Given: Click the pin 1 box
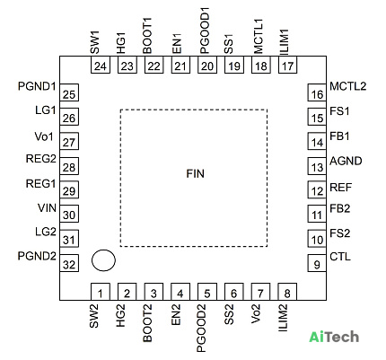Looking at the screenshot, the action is [101, 292].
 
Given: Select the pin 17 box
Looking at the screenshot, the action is [287, 65].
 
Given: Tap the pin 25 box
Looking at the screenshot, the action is [69, 92].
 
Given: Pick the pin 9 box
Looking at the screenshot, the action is [317, 263].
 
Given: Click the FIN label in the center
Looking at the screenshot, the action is [195, 173].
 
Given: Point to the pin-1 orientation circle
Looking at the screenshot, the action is [103, 260].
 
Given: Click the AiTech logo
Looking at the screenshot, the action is [334, 337].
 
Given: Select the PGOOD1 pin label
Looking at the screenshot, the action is [205, 31].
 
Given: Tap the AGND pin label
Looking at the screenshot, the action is [346, 161].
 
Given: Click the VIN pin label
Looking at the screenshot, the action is [47, 207].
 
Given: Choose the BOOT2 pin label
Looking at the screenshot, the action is [147, 323].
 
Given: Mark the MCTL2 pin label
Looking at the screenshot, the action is [348, 86].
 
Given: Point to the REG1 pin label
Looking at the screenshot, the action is [41, 183].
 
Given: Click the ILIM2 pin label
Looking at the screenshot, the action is [283, 318].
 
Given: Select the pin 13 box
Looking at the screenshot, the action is [317, 166].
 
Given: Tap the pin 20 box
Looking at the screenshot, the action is [207, 65].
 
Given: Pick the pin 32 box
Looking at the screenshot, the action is [69, 263].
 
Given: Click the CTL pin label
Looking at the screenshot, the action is [340, 257].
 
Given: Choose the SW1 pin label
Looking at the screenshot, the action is [94, 42].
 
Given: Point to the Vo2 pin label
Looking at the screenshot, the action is [256, 314].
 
